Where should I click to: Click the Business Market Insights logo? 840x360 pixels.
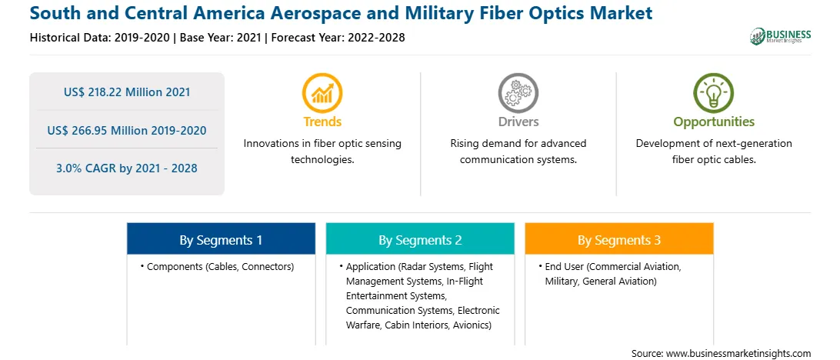780,36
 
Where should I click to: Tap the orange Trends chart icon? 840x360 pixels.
322,93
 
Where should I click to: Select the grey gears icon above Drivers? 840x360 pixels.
518,93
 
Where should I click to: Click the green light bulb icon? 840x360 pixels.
714,93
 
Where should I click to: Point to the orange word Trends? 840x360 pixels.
322,122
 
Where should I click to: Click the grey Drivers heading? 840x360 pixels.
518,122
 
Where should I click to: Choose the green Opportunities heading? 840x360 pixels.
714,122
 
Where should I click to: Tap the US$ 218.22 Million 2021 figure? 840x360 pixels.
127,92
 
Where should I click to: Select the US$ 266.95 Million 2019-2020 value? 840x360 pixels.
127,130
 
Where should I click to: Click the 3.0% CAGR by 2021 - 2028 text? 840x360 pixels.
127,168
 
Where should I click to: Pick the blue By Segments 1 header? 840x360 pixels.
222,239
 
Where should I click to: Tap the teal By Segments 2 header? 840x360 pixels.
420,239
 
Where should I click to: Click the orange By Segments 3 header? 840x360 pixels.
619,239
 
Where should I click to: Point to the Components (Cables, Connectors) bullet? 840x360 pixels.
218,267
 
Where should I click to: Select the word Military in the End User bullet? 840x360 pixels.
560,282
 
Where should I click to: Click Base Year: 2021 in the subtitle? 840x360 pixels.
222,38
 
